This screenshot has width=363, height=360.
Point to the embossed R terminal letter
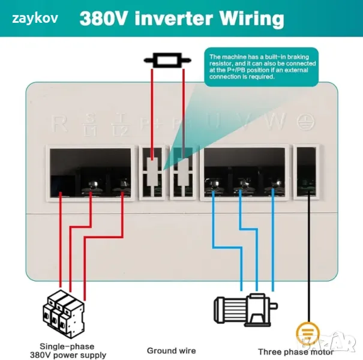[59, 124]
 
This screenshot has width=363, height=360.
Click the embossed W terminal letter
[276, 122]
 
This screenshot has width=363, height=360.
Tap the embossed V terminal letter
[244, 122]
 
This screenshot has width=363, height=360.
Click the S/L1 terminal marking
[91, 124]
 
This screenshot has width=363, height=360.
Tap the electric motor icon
[246, 309]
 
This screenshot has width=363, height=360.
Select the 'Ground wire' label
[171, 350]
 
